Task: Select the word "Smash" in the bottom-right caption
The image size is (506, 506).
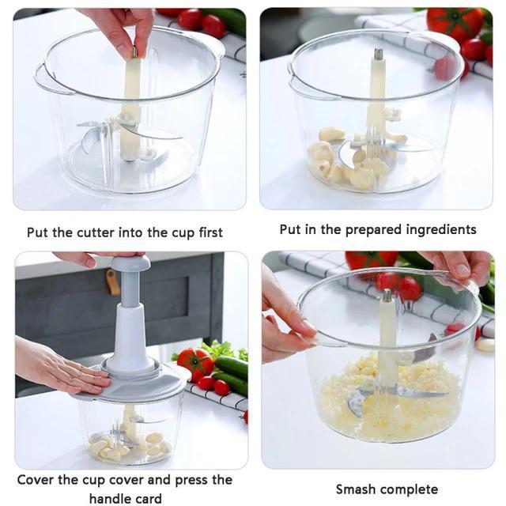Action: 355,489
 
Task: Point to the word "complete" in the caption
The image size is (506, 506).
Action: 407,489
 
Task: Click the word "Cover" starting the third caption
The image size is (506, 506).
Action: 36,480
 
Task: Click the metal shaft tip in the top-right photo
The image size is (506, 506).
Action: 378,55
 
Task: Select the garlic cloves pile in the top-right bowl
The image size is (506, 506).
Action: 348,161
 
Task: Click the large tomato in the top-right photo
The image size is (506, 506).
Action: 455,24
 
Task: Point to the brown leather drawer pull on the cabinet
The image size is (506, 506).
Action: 113,282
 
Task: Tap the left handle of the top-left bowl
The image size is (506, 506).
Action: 44,79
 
